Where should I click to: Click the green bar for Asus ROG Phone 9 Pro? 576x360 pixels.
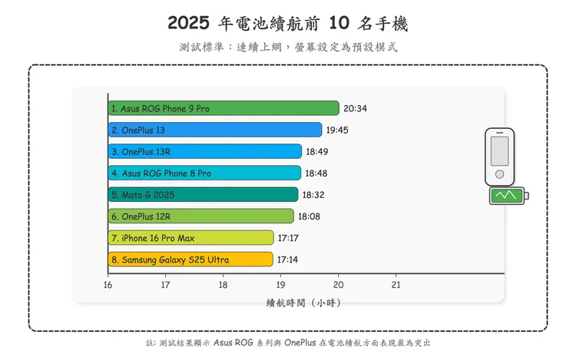coord(223,108)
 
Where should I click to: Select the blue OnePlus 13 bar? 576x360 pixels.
coord(215,130)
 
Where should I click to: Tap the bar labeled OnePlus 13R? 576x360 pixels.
coord(204,151)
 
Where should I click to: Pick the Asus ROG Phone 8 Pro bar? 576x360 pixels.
coord(204,173)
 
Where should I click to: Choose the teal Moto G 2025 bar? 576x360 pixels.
coord(203,195)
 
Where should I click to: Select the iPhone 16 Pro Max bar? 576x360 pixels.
coord(191,238)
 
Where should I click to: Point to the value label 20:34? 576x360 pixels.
coord(356,108)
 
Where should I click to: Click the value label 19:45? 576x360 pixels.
coord(337,130)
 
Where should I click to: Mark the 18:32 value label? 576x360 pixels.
coord(313,195)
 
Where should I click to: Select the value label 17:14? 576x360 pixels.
coord(288,259)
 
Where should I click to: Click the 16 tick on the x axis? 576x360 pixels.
coord(108,285)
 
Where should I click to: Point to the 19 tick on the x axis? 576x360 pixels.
coord(280,285)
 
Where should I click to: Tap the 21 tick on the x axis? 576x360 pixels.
coord(396,285)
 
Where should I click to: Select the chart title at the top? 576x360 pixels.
coord(288,24)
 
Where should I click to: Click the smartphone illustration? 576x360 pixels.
coord(500,156)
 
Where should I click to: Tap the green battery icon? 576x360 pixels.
coord(509,196)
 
